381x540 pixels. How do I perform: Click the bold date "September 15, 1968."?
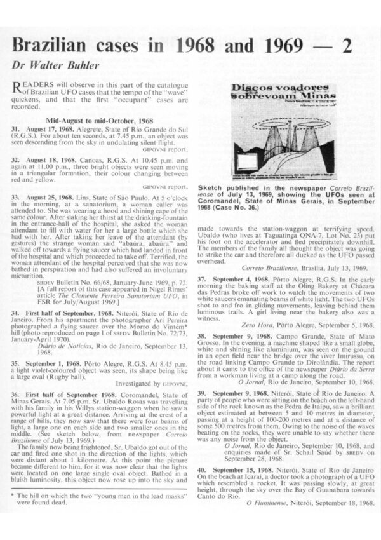[242, 471]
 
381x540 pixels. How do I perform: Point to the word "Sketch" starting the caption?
[212, 189]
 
